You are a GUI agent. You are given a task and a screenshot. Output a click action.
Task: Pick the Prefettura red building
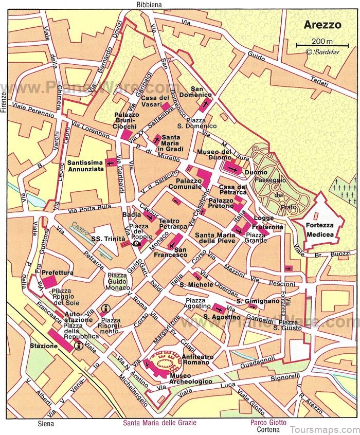49,281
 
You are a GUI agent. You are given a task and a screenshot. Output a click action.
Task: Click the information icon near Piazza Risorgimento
106,309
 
